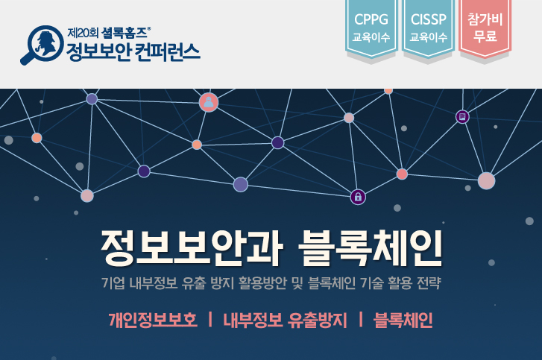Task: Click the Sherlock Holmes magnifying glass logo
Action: tap(42, 44)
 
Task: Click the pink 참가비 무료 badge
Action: tap(485, 28)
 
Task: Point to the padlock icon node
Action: tap(358, 197)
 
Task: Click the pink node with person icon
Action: tap(209, 102)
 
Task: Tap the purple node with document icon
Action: tap(462, 117)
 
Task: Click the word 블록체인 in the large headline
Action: tap(370, 248)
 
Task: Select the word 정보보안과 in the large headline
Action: tap(192, 248)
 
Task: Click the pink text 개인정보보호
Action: tap(153, 320)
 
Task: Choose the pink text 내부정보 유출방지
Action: tap(285, 320)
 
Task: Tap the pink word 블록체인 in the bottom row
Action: tap(403, 320)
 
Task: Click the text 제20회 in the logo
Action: tap(83, 33)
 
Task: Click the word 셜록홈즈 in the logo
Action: tap(125, 33)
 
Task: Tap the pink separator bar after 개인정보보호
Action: tap(210, 319)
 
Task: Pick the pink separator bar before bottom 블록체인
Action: tap(361, 319)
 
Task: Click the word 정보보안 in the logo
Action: tap(98, 52)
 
